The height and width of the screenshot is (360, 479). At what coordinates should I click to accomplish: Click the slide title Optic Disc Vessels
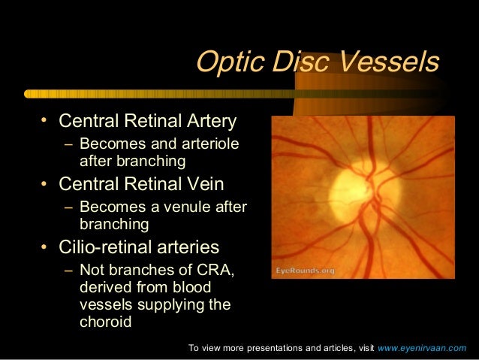317,63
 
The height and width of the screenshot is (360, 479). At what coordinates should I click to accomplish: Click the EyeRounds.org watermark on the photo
304,270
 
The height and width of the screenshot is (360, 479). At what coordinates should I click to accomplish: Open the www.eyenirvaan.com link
421,348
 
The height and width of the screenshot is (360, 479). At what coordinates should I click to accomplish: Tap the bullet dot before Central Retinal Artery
45,121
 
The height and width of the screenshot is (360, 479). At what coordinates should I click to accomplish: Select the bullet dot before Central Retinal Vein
45,184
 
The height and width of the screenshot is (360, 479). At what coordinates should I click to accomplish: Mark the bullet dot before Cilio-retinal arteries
45,247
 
